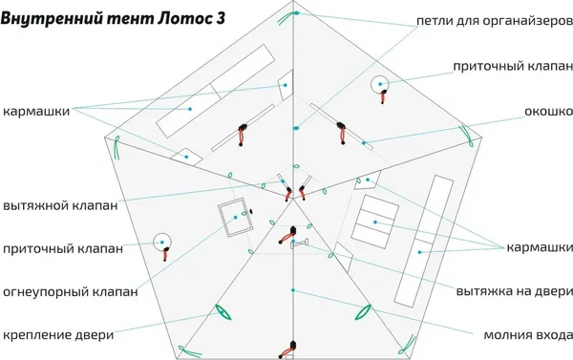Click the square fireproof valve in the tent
coord(232,220)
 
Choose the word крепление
coord(38,335)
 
